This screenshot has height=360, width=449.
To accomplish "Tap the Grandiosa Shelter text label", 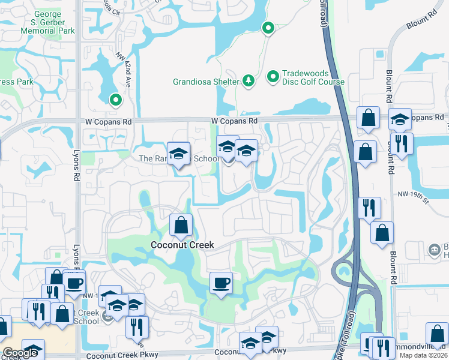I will click(206, 82).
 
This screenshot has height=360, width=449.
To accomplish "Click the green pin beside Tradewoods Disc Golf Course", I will click(273, 77).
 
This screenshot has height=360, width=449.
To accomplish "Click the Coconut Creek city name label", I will click(182, 245).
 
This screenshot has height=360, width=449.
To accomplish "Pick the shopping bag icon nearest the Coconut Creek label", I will click(181, 226).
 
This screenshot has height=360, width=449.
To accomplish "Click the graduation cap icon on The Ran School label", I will click(178, 154).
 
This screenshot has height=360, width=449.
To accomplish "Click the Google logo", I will click(20, 353).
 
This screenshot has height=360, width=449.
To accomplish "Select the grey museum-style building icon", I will click(433, 249).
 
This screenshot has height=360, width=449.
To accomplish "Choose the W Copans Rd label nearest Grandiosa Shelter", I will click(234, 121).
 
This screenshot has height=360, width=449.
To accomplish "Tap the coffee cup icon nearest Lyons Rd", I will click(74, 282).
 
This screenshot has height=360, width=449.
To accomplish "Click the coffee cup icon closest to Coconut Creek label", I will click(221, 282).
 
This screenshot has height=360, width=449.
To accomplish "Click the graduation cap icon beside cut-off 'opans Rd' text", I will click(400, 119).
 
